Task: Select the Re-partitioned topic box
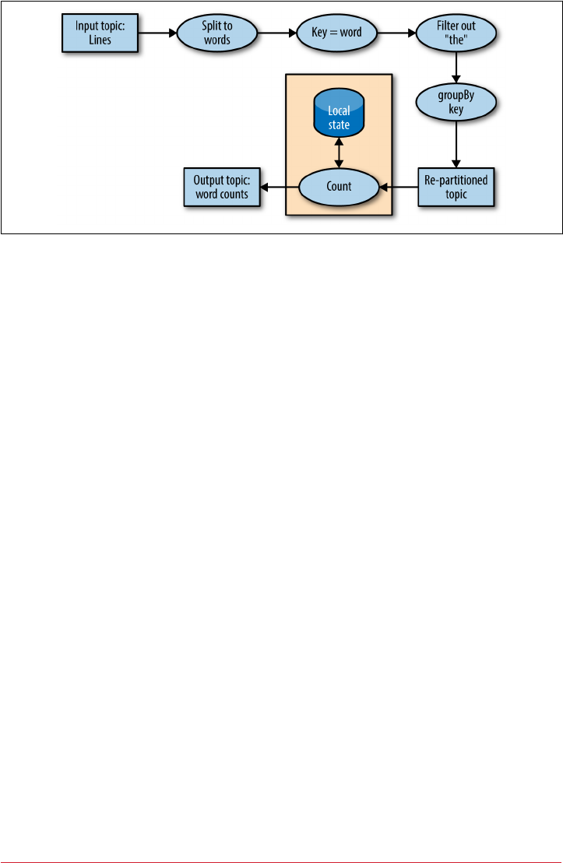tap(456, 187)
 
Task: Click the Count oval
tap(340, 187)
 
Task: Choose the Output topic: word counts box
tap(222, 187)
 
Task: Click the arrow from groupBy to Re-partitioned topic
tap(456, 146)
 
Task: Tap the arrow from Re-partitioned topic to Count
tap(398, 187)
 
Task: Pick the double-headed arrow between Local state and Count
tap(340, 152)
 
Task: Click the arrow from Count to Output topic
tap(280, 187)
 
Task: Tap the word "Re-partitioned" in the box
tap(456, 181)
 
